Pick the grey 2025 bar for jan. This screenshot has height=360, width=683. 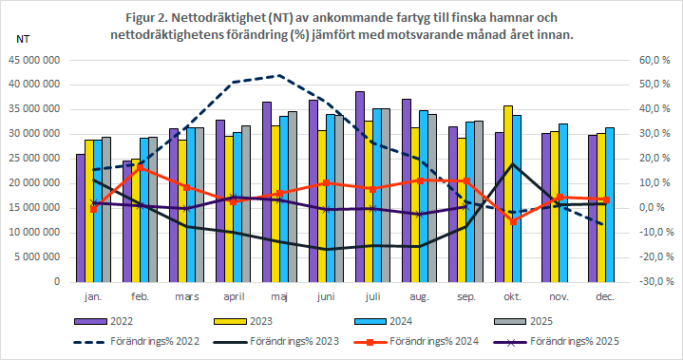click(x=106, y=209)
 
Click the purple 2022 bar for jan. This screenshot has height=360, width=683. click(x=81, y=218)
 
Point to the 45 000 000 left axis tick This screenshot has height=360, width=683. click(x=35, y=60)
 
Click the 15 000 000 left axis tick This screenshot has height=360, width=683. click(x=35, y=208)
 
